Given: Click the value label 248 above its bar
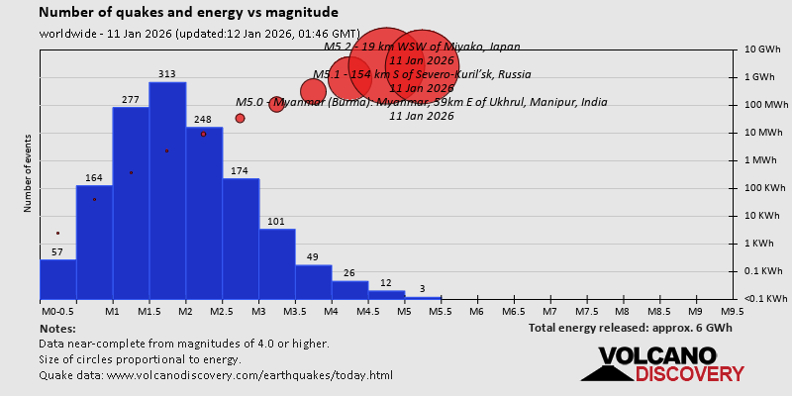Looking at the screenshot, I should pos(204,120).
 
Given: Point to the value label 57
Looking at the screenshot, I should pos(57,252).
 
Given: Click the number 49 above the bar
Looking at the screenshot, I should pos(313,257).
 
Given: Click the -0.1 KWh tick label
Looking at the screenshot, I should pos(764,299).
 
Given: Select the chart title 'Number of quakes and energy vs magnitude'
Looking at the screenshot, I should pos(188,13).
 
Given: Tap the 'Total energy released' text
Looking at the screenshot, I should pos(632,328).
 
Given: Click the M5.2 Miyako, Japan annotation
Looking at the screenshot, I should pos(423,47).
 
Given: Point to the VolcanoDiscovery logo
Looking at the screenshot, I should pos(662,364).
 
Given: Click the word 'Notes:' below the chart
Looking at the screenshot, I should pos(57,328).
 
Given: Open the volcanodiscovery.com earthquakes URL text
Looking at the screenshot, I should pos(216,375).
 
